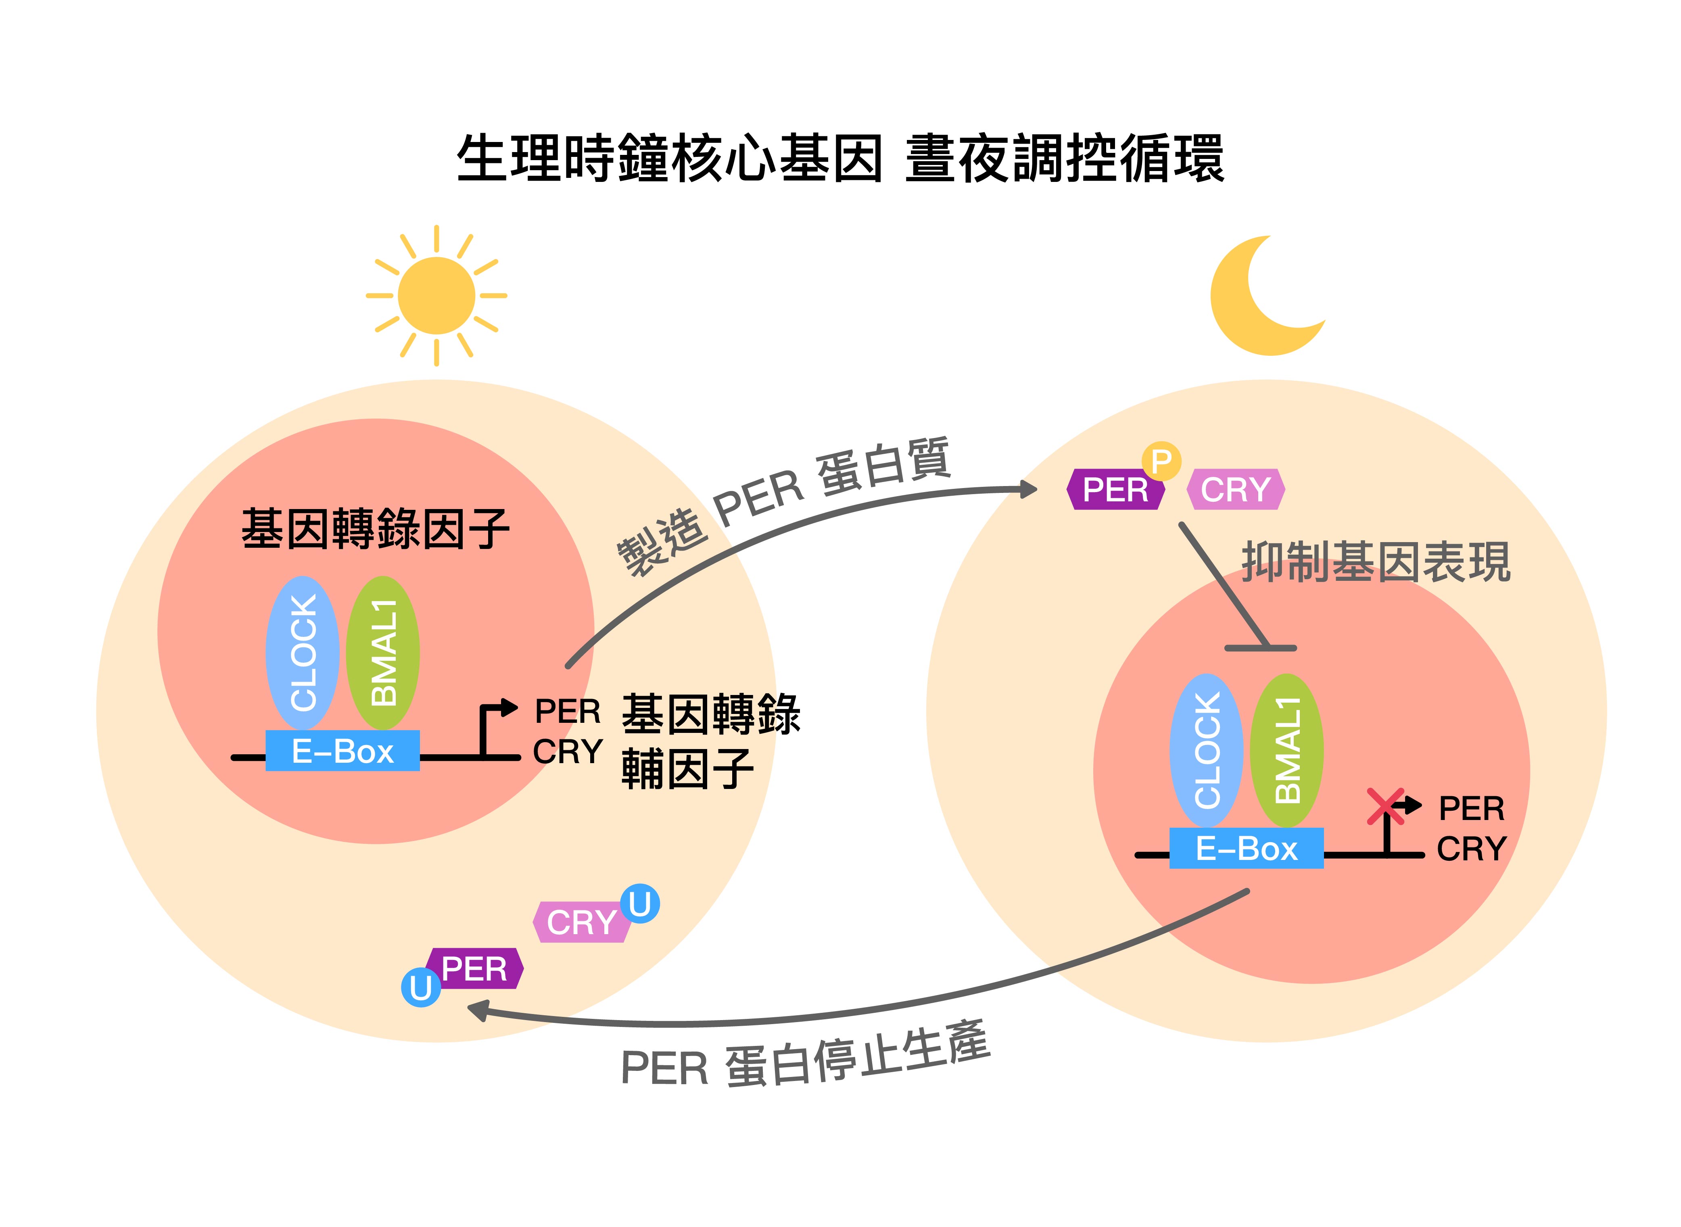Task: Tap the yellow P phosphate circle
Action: pyautogui.click(x=1161, y=461)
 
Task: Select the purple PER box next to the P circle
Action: pyautogui.click(x=1115, y=489)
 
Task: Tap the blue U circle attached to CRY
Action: pyautogui.click(x=639, y=904)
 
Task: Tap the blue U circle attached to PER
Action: pyautogui.click(x=420, y=988)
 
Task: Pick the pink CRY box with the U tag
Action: pyautogui.click(x=581, y=922)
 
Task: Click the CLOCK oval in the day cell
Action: pyautogui.click(x=302, y=653)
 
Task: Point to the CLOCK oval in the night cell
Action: pyautogui.click(x=1206, y=751)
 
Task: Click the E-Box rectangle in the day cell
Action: pyautogui.click(x=342, y=751)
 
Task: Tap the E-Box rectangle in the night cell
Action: pyautogui.click(x=1247, y=848)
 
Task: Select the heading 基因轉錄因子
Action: pyautogui.click(x=375, y=529)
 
